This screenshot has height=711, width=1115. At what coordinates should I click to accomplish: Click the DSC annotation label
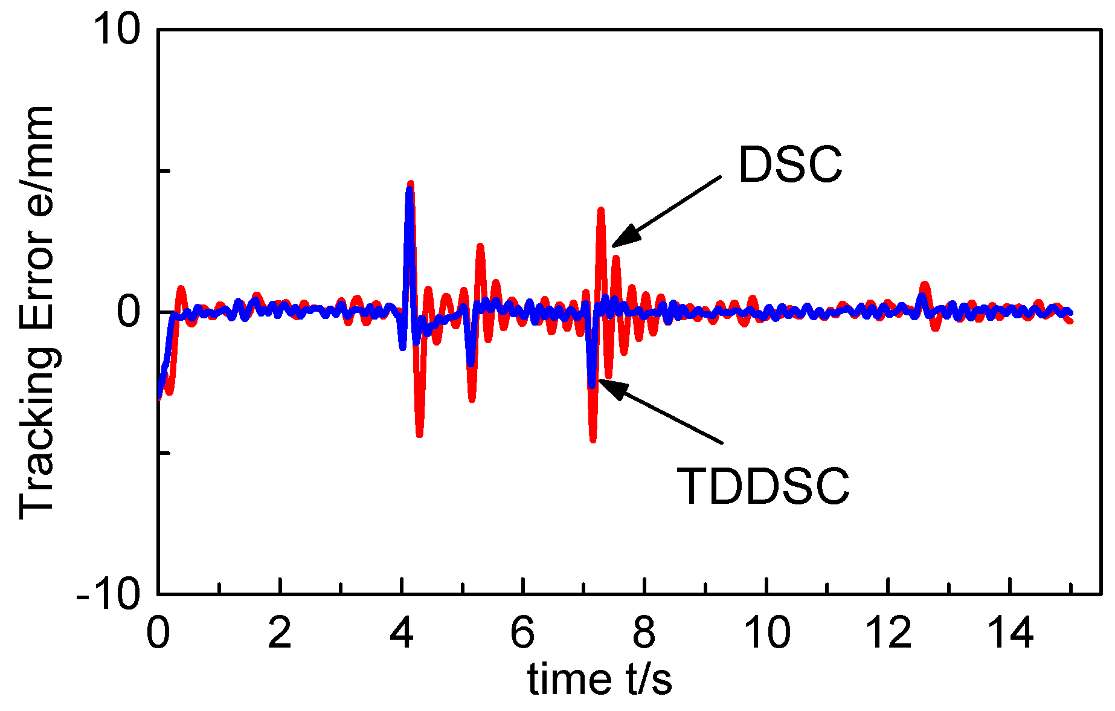[x=789, y=165]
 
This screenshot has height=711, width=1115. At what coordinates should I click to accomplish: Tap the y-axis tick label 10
[x=117, y=30]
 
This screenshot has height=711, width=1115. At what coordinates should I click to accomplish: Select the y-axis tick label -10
[x=108, y=595]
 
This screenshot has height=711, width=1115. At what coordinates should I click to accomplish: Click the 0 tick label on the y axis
[x=129, y=312]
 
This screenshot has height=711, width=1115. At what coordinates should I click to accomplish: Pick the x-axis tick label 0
[x=158, y=633]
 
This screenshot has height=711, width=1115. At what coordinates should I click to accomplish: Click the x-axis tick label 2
[x=280, y=633]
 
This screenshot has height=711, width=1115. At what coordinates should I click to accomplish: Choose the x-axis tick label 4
[x=402, y=633]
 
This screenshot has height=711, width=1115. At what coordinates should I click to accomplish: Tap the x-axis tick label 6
[x=523, y=633]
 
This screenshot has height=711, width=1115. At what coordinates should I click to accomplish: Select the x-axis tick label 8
[x=644, y=633]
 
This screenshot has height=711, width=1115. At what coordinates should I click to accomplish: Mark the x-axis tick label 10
[x=767, y=633]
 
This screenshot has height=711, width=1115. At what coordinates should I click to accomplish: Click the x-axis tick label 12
[x=888, y=633]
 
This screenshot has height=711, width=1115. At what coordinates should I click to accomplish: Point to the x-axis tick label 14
[x=1010, y=633]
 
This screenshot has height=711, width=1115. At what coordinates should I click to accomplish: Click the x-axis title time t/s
[x=600, y=680]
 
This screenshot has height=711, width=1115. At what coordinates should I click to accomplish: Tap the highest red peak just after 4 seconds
[x=411, y=184]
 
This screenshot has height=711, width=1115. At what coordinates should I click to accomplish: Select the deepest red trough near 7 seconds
[x=593, y=439]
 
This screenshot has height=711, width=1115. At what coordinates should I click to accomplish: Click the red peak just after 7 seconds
[x=600, y=210]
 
